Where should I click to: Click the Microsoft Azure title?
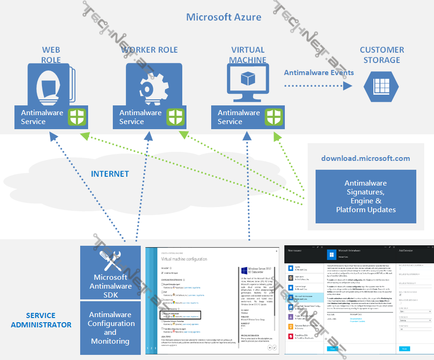tap(224, 17)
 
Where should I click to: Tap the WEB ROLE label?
tap(51, 55)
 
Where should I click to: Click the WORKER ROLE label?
tap(149, 50)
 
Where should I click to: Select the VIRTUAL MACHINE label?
tap(248, 55)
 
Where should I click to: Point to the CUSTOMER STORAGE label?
tap(382, 55)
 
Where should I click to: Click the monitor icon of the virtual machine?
tap(248, 81)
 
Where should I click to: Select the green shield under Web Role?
tap(77, 117)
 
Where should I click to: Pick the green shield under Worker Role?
tap(176, 117)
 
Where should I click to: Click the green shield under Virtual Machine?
tap(274, 117)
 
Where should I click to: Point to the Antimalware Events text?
tap(319, 72)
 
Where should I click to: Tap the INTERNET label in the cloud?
tap(110, 174)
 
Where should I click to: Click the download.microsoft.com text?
tap(365, 159)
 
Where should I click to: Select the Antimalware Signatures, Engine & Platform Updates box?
tap(365, 196)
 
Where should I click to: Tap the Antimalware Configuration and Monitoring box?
tap(110, 328)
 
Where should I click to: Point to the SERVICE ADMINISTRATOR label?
tap(41, 320)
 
